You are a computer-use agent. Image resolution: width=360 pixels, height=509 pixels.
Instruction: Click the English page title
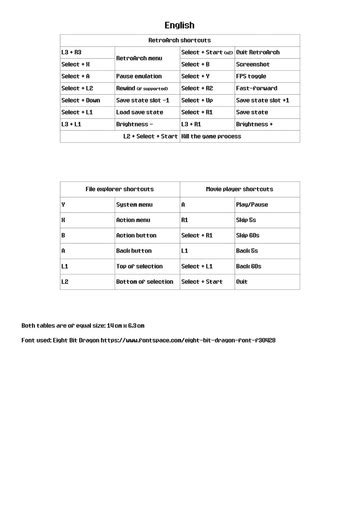click(179, 25)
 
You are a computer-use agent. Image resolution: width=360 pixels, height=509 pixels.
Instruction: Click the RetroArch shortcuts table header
click(179, 40)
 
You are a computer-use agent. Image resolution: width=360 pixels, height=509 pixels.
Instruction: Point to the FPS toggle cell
click(253, 75)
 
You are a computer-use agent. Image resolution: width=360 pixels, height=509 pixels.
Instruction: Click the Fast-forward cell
click(257, 88)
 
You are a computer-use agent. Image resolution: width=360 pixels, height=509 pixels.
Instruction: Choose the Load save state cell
click(140, 112)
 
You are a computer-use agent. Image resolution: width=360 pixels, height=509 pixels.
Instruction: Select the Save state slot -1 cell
click(143, 100)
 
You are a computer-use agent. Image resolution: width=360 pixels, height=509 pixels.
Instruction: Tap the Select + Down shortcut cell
click(80, 100)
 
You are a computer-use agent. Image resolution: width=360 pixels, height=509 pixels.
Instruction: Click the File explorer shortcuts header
click(119, 188)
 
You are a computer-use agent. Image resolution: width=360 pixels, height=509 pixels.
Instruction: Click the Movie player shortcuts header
click(239, 188)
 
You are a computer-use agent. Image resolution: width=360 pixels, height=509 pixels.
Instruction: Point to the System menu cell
click(134, 204)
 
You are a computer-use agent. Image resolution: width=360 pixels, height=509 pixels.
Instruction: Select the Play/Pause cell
click(253, 204)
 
